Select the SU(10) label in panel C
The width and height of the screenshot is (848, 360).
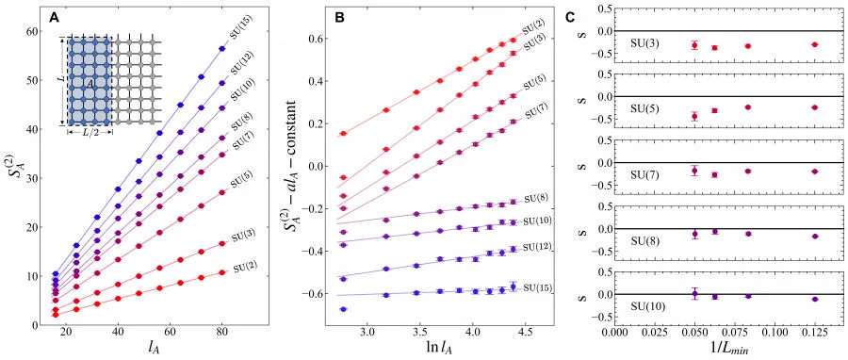tap(646, 306)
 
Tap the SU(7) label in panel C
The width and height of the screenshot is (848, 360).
tap(644, 174)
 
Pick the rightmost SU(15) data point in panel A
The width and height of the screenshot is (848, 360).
tap(221, 49)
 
